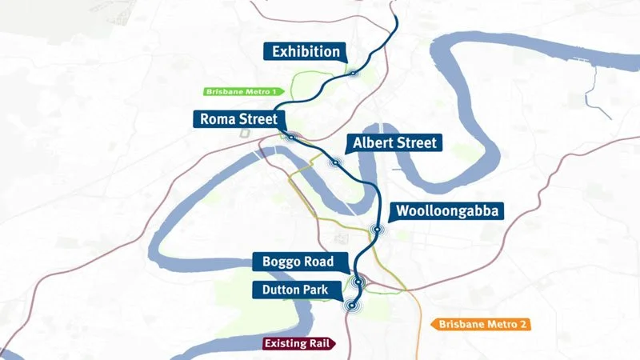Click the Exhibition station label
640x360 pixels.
tap(306, 52)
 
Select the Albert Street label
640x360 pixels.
tap(393, 143)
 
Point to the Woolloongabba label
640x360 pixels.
tap(446, 211)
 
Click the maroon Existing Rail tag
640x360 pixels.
tap(299, 343)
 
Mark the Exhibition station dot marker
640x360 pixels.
tap(352, 73)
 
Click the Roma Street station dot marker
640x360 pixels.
tap(292, 138)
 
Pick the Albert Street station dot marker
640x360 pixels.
tap(336, 162)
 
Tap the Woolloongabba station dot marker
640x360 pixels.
tap(375, 230)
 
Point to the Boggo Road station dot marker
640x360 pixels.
tap(359, 281)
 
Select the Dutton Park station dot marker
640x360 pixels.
tap(350, 305)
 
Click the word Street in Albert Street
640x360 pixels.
tap(414, 143)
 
